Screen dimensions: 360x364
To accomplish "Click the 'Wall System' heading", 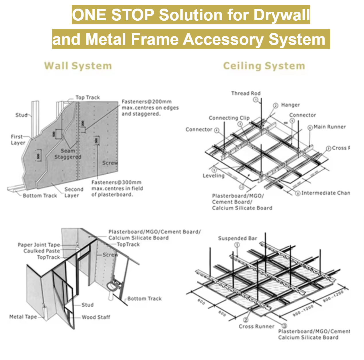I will coord(78,66).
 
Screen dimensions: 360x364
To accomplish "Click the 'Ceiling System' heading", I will coord(264,66).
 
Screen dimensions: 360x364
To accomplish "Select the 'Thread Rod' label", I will coord(246,93).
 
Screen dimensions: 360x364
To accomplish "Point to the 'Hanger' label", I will coord(290,105).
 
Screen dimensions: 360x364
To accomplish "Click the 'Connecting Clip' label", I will coord(229,118).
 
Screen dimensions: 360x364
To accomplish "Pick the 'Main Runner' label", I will coord(330,127).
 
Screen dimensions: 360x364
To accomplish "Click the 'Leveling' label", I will coord(213,176).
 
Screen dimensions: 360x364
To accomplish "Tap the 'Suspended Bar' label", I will coord(238,238).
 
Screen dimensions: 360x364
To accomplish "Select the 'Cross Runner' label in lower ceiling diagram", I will coord(256,326).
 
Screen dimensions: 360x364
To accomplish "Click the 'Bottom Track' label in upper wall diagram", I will coord(40,195).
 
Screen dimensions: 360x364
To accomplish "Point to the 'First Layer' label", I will coord(18,140).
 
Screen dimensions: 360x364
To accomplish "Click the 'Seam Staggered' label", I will coord(68,154).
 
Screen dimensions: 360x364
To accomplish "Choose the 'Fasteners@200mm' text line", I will coord(147,101).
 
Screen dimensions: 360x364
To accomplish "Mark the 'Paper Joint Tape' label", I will coord(39,245).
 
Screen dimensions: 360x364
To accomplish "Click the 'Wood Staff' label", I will coord(96,317).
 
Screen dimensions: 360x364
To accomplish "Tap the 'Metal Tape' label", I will coord(23,317).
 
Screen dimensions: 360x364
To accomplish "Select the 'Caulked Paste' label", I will coord(42,251).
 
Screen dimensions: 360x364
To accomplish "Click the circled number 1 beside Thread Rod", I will coord(255,99).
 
